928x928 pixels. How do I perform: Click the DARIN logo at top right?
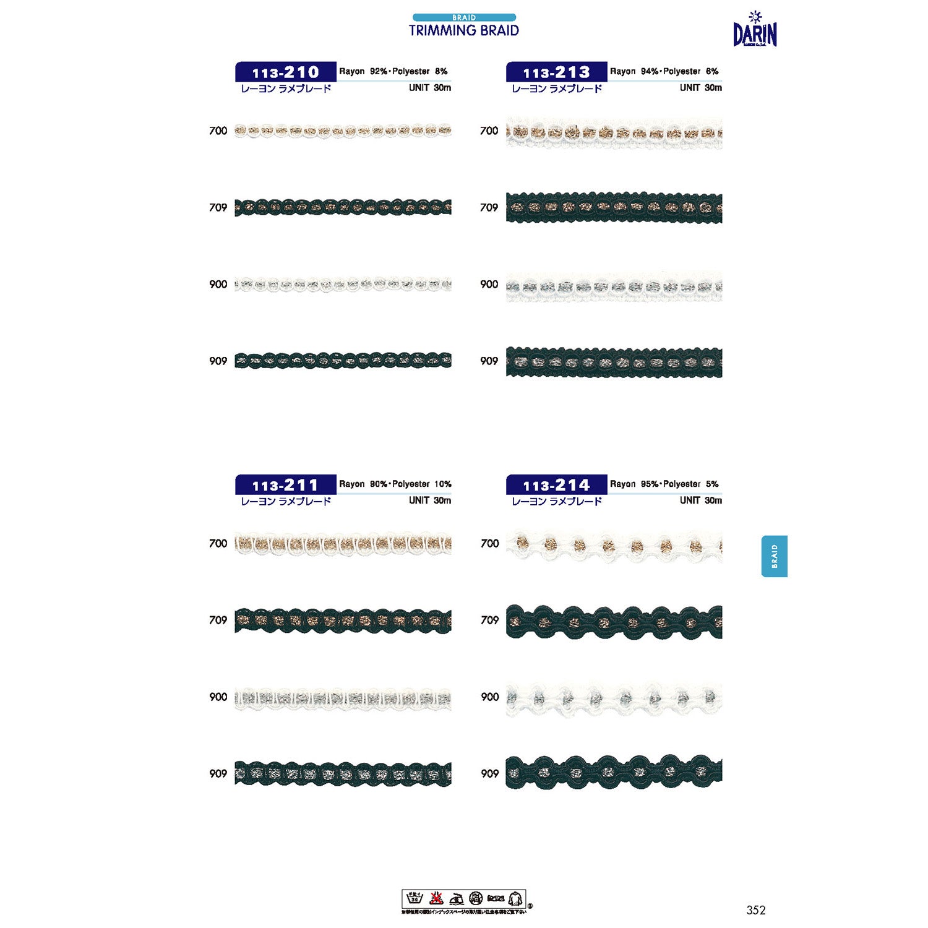tap(755, 31)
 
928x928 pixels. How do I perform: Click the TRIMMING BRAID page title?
tap(463, 30)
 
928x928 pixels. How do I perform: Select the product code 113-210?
tap(285, 72)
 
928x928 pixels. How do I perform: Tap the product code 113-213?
tap(556, 72)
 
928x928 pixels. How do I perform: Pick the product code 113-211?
tap(285, 484)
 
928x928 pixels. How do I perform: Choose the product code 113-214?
tap(556, 484)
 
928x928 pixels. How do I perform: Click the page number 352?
tap(755, 909)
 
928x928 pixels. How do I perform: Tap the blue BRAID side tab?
tap(774, 556)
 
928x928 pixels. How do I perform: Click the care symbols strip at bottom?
tap(463, 898)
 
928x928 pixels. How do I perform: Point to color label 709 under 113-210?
tap(218, 207)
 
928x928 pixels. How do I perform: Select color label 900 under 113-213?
tap(489, 284)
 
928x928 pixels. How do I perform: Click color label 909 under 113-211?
tap(218, 773)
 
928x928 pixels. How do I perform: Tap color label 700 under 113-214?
tap(489, 543)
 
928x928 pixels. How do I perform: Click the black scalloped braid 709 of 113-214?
tap(614, 621)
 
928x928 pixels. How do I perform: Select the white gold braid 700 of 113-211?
tap(343, 543)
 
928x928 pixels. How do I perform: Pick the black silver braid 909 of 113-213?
tap(614, 362)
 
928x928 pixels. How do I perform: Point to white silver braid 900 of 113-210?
tap(343, 285)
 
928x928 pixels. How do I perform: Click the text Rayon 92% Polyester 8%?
tap(393, 71)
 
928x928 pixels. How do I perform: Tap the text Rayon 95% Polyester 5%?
tap(664, 484)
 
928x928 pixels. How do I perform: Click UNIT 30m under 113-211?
tap(429, 500)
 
